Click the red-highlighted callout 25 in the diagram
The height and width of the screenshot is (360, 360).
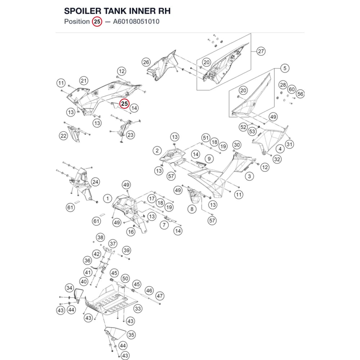point(125,104)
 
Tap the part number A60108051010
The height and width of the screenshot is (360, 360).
point(136,22)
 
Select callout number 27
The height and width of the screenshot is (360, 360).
point(261,51)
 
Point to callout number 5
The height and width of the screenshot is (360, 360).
point(285,68)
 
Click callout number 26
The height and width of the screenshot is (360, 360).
point(146,62)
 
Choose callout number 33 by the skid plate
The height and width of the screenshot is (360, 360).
point(138,309)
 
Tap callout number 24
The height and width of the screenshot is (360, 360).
point(95,182)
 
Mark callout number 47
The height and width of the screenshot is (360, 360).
point(159,296)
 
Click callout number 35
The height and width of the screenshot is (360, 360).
point(131,335)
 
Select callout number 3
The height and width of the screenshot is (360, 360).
point(249,176)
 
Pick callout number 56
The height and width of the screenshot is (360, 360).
point(300,94)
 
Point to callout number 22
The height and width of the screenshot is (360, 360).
point(63,136)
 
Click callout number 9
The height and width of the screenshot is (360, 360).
point(209,159)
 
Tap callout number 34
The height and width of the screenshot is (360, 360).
point(69,288)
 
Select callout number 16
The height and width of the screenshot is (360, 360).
point(131,232)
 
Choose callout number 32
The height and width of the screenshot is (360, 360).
point(277,159)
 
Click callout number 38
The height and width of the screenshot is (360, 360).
point(100,237)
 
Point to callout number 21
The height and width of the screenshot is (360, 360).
point(84,81)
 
